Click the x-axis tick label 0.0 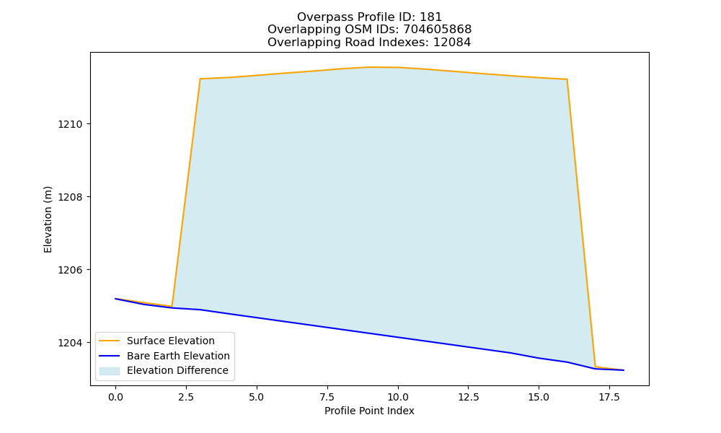click(x=115, y=397)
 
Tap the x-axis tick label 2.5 click(x=186, y=397)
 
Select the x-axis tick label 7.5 click(x=327, y=397)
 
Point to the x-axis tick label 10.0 click(x=398, y=397)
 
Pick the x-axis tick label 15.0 click(x=539, y=397)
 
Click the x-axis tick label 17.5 click(x=609, y=397)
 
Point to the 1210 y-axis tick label click(x=69, y=124)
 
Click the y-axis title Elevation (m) click(x=48, y=219)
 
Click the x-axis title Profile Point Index click(x=369, y=411)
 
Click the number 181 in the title click(x=431, y=17)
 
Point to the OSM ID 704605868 click(x=438, y=30)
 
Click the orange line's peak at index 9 click(x=369, y=67)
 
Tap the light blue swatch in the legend click(x=110, y=371)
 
